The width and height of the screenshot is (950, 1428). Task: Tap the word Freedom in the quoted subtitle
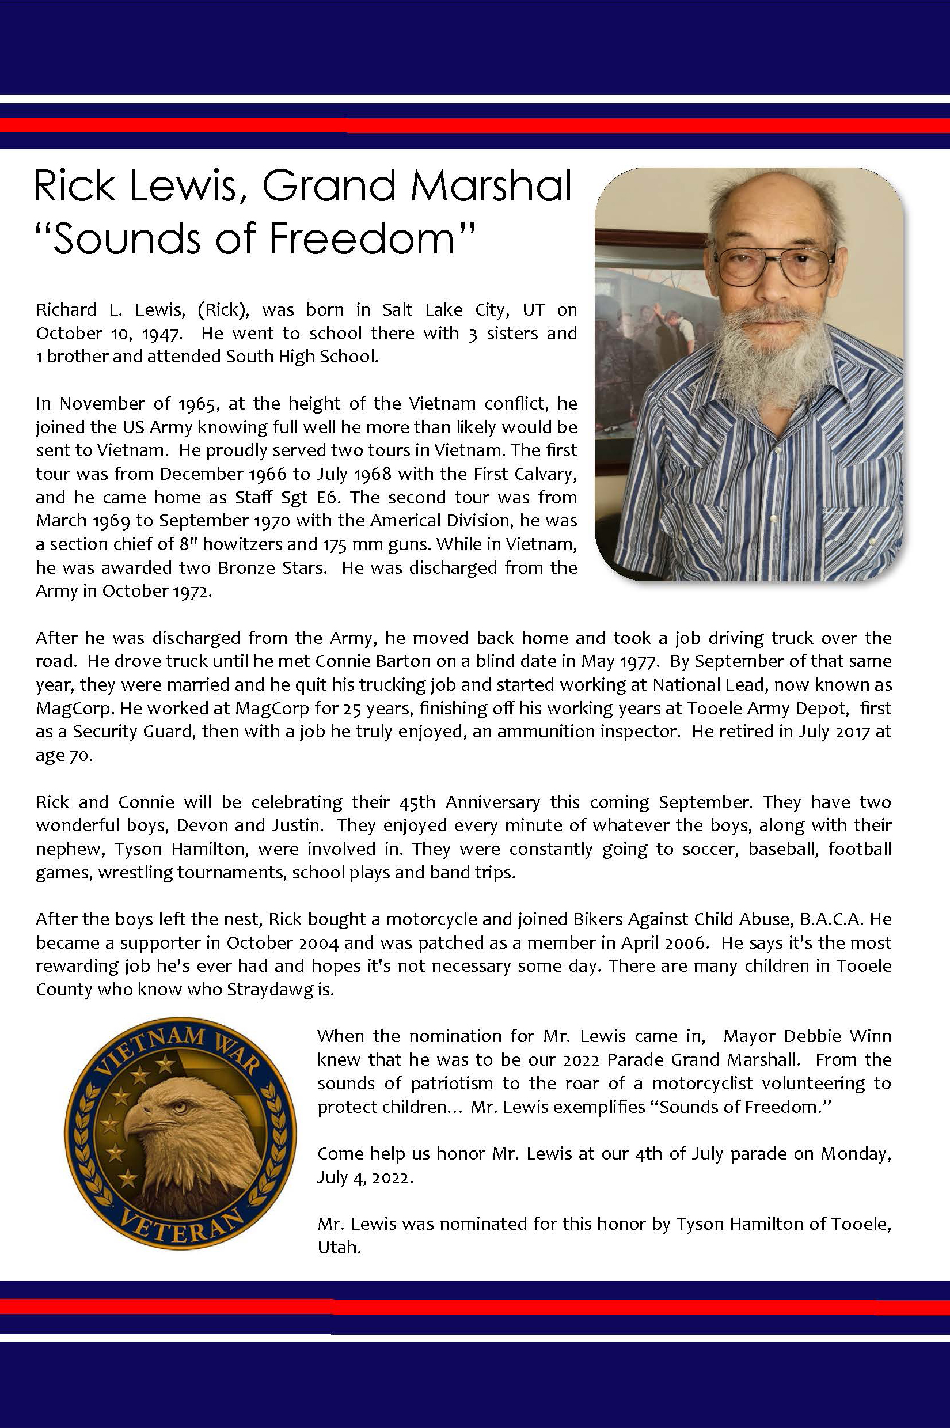(x=360, y=238)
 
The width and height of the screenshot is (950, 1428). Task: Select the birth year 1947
(x=162, y=334)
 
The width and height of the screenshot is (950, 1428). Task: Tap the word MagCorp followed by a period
(x=74, y=708)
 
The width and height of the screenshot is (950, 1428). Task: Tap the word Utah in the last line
(x=338, y=1248)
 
